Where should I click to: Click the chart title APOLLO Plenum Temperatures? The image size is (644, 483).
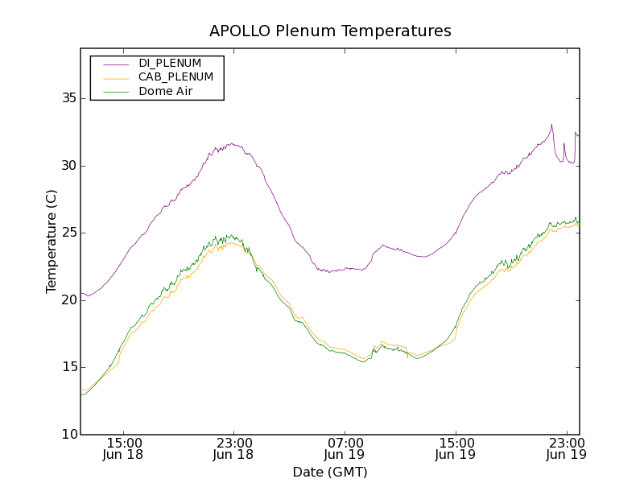[x=330, y=31]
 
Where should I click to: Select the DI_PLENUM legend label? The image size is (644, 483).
[x=170, y=63]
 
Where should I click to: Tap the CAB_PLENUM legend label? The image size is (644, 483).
[x=175, y=77]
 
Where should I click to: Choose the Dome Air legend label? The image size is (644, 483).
[x=166, y=91]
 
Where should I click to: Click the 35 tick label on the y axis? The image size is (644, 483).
[x=68, y=98]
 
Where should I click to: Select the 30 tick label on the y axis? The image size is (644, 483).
[x=68, y=166]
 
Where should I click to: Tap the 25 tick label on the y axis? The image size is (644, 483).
[x=68, y=233]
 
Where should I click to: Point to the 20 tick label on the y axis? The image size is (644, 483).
[x=68, y=299]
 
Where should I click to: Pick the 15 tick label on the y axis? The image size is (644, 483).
[x=68, y=367]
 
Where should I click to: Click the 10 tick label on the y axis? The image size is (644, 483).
[x=68, y=434]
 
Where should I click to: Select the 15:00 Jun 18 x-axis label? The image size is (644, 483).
[x=124, y=448]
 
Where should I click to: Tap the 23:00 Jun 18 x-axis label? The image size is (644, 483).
[x=234, y=448]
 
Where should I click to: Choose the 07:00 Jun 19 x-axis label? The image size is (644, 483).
[x=345, y=448]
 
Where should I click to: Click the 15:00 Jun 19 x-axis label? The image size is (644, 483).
[x=456, y=448]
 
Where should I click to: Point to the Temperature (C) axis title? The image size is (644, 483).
[x=52, y=242]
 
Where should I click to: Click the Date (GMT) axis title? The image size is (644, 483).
[x=330, y=472]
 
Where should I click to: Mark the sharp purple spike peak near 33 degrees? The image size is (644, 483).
[x=551, y=125]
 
